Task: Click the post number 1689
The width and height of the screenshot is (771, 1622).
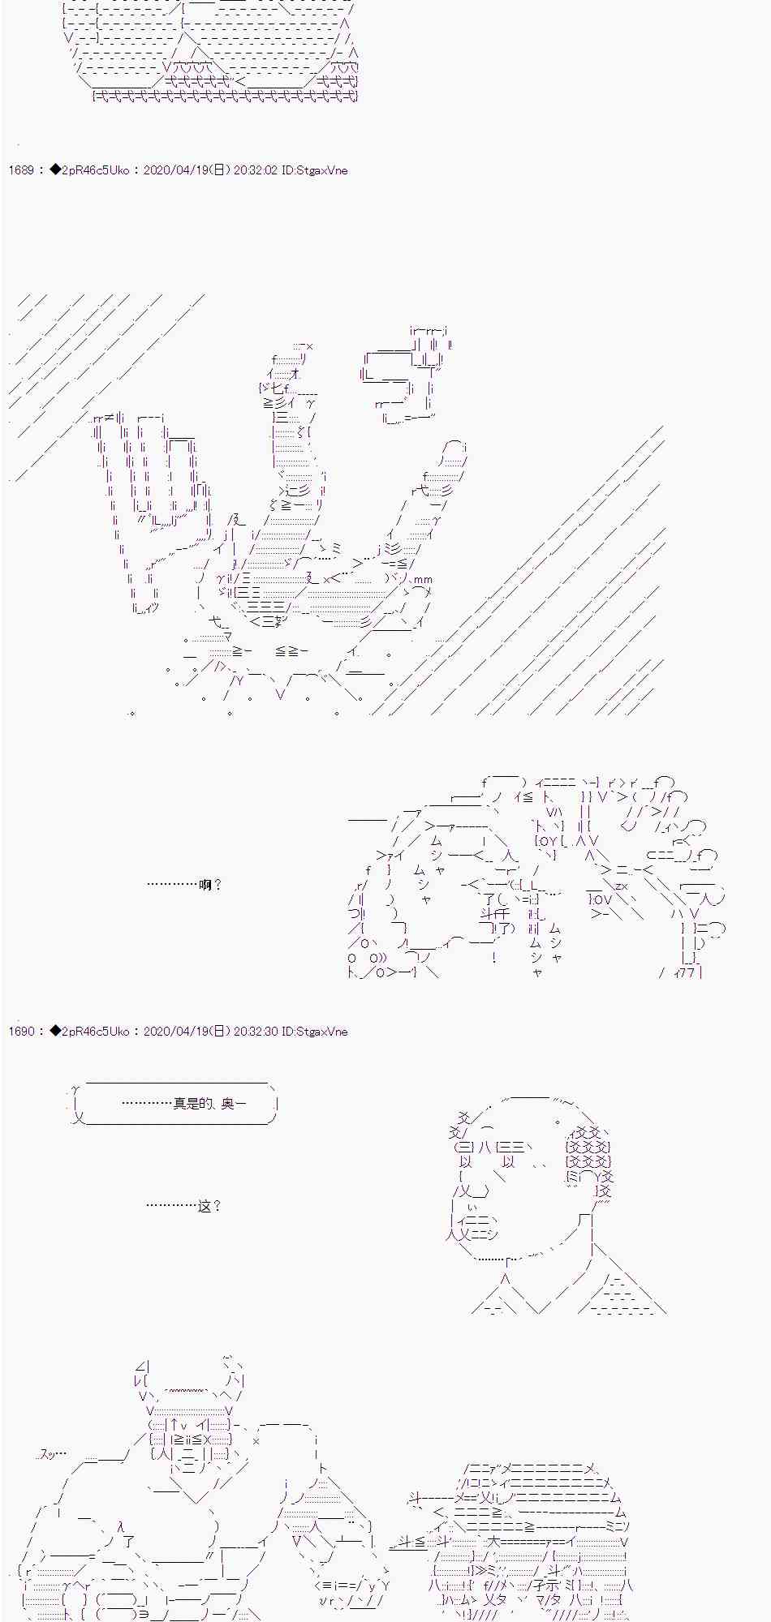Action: pos(20,170)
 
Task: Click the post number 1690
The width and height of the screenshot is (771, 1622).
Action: pos(20,1032)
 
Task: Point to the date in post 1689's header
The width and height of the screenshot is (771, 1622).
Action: pos(187,170)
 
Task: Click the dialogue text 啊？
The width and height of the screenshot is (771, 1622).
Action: pos(209,885)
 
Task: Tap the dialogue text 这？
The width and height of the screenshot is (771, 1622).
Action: pos(209,1206)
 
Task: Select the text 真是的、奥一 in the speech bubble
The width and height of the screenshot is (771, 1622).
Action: pos(209,1103)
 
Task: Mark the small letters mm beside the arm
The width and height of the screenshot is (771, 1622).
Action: pos(423,579)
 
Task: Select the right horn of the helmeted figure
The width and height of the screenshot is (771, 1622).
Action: pos(234,1375)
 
